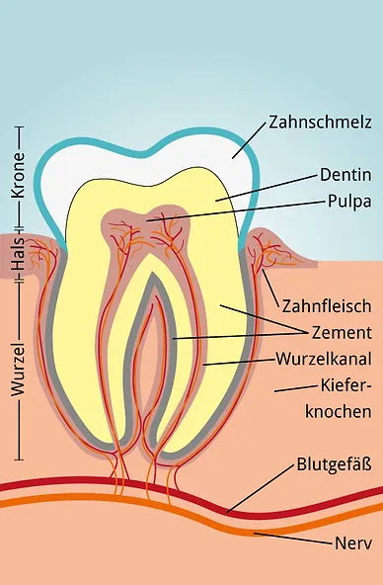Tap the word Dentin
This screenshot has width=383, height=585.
click(345, 174)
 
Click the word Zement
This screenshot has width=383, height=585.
click(341, 332)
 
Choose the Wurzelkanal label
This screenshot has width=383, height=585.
click(324, 357)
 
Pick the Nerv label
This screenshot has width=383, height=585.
click(352, 543)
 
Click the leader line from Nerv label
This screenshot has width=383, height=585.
click(296, 540)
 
